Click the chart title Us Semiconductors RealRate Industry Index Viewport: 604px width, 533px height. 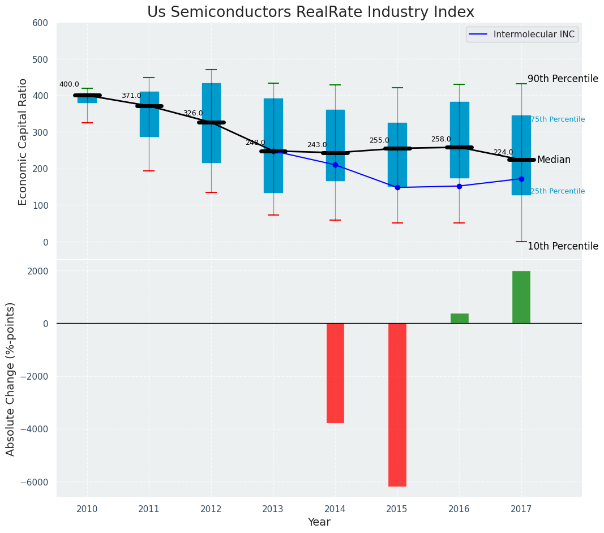(310, 12)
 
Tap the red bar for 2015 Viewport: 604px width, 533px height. (397, 405)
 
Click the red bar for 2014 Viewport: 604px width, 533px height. (335, 373)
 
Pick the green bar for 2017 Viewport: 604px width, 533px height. (521, 297)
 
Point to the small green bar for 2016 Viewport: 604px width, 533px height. (459, 319)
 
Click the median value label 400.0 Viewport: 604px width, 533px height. (69, 85)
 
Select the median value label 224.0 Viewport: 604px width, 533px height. (503, 153)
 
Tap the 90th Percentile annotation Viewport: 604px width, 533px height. (563, 79)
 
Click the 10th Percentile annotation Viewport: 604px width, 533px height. (563, 246)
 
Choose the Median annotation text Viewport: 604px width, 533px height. (554, 160)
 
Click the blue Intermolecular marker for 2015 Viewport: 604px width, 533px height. (397, 187)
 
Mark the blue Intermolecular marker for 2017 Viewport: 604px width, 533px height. (521, 179)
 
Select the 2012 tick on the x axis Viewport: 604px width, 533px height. (211, 509)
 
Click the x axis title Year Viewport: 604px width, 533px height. (319, 522)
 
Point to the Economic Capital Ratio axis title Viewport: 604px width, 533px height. (23, 141)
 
